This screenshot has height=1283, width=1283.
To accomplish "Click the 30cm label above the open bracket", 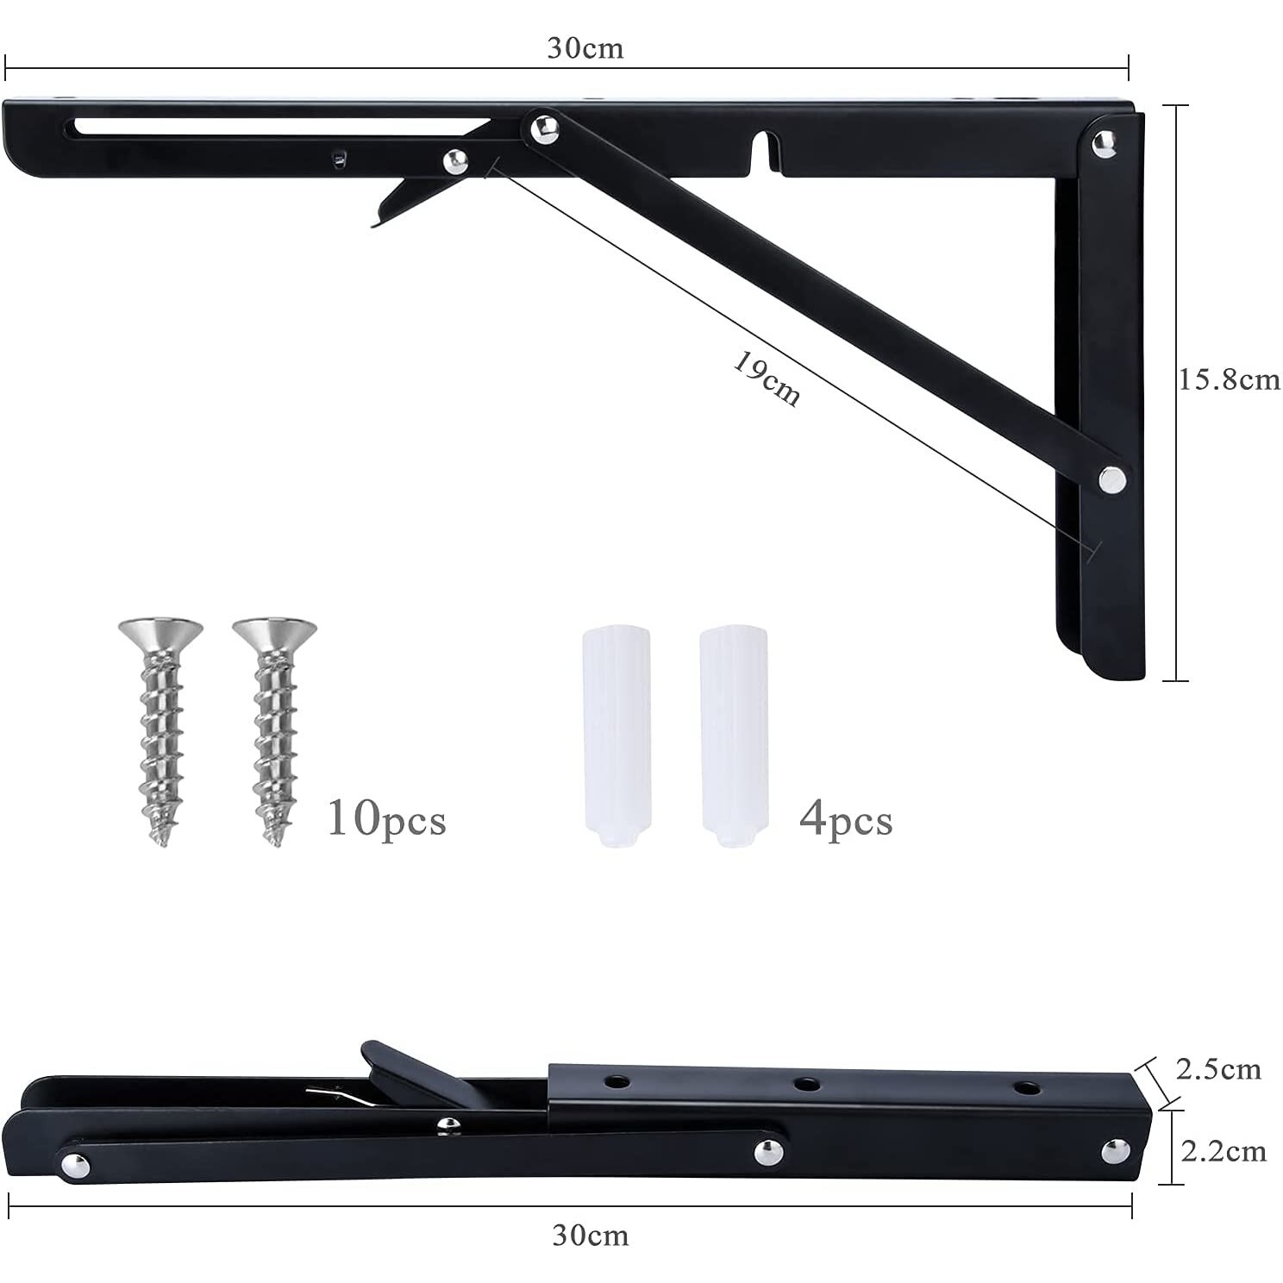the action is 585,47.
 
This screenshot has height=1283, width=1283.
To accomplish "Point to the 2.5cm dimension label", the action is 1218,1069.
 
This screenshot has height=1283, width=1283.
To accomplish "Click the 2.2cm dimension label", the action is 1224,1151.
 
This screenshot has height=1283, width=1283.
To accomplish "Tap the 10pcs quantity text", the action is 386,818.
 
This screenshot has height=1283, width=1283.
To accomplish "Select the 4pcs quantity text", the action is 846,818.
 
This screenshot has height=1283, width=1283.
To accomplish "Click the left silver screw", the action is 160,732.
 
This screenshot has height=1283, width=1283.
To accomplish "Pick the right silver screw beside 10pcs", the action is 274,732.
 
